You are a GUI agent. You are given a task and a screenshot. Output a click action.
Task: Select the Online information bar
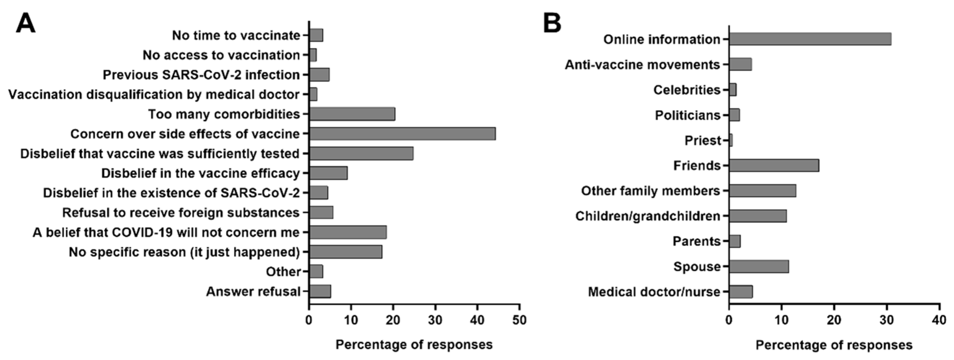810,39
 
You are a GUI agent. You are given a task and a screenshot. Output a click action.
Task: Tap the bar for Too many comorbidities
352,114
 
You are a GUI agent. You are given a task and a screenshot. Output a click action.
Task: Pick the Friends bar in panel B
774,165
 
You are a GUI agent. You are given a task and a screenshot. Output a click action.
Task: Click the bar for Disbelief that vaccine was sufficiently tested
361,153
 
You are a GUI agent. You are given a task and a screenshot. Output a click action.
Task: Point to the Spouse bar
759,266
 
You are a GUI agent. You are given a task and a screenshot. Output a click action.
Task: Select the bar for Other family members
763,191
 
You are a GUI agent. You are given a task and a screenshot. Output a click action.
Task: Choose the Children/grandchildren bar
758,216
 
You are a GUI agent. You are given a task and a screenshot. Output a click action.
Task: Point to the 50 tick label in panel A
519,319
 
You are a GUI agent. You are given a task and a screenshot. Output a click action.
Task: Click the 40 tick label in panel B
939,319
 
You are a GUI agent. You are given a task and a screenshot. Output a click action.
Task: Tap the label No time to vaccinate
236,35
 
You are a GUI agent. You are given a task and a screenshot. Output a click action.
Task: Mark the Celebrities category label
687,90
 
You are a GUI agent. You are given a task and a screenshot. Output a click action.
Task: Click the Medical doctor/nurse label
654,292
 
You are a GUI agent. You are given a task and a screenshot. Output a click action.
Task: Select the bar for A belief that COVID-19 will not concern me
348,232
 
